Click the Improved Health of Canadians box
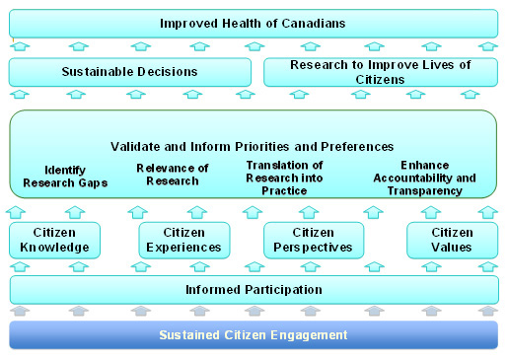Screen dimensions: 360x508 click(254, 24)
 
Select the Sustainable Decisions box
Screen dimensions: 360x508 click(130, 72)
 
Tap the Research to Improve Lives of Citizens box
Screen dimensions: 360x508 click(381, 72)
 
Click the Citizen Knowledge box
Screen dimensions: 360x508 click(55, 240)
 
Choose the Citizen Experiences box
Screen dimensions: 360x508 click(184, 240)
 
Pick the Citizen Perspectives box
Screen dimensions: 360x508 click(314, 240)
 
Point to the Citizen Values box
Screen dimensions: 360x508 click(452, 240)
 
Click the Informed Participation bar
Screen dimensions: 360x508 click(254, 289)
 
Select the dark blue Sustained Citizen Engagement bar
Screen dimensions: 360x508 click(254, 335)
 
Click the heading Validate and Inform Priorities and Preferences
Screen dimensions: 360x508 click(253, 147)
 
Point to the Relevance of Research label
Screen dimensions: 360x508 click(173, 175)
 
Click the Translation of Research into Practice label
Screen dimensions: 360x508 click(284, 178)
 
